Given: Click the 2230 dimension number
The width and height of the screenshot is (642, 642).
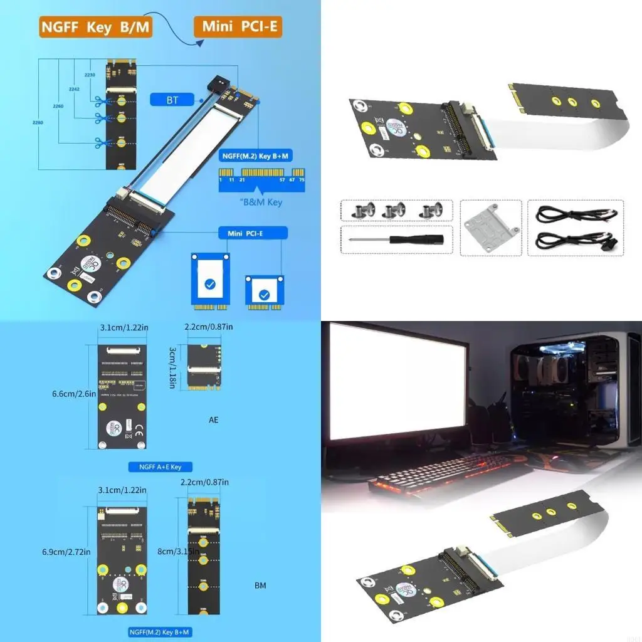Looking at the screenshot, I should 90,75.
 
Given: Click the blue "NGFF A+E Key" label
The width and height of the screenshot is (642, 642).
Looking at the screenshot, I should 151,467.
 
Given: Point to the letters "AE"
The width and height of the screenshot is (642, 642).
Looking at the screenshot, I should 214,419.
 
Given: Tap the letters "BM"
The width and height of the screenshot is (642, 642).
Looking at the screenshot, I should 260,586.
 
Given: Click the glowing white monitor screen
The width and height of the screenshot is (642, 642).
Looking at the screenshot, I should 397,382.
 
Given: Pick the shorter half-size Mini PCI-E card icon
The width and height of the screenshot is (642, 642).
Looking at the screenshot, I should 265,292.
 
